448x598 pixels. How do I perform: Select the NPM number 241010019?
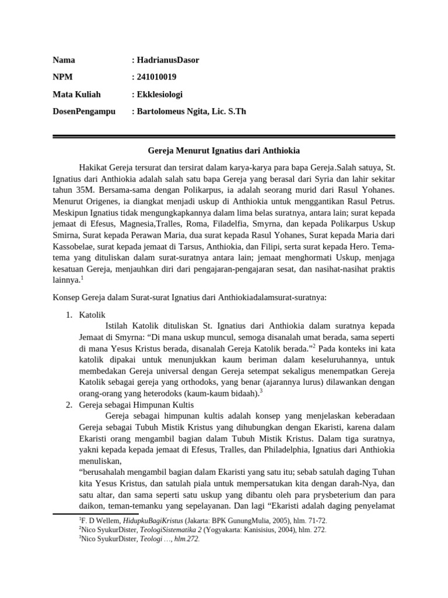pyautogui.click(x=157, y=77)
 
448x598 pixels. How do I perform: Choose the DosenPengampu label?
pyautogui.click(x=84, y=111)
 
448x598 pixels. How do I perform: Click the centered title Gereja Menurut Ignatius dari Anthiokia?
pyautogui.click(x=223, y=151)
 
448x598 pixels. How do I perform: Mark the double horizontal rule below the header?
pyautogui.click(x=223, y=137)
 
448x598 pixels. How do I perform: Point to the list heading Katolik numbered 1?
pyautogui.click(x=92, y=315)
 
